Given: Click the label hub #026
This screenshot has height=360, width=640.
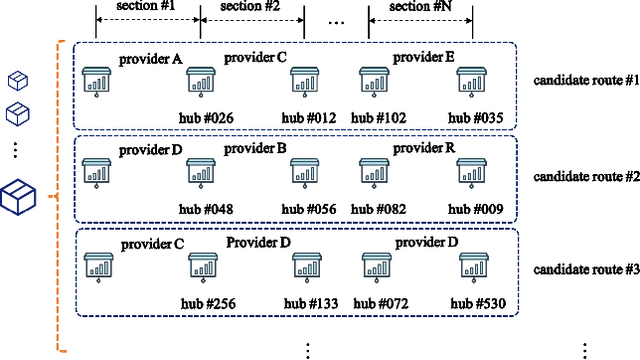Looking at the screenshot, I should [208, 118].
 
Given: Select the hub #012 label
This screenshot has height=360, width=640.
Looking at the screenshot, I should [309, 118].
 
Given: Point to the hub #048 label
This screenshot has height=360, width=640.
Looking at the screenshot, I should [208, 211].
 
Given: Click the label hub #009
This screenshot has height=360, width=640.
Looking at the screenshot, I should [476, 211].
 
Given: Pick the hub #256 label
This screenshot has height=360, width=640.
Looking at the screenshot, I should [208, 304].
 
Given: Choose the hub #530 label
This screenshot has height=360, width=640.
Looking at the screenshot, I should [476, 304].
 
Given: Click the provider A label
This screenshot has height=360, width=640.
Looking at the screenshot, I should [150, 59].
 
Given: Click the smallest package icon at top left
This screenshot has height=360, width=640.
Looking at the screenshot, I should [17, 79].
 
